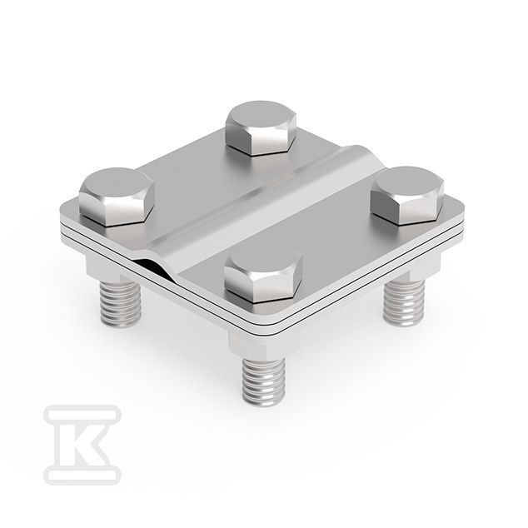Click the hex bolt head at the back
262,128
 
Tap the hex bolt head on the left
117,197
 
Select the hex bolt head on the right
407,195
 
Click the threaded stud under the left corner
120,304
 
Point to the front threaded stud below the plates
263,381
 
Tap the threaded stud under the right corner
404,303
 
